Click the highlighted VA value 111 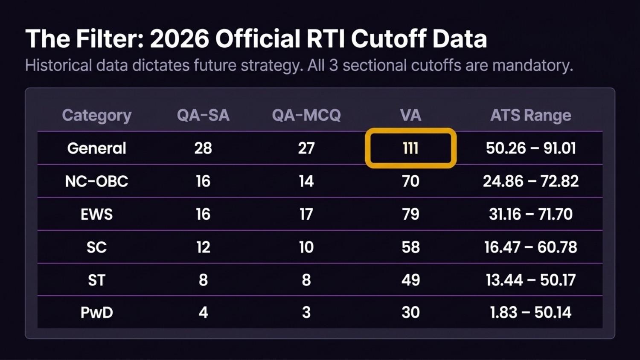[x=410, y=148]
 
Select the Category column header [x=96, y=116]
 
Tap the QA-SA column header [x=203, y=115]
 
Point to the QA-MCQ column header [x=306, y=115]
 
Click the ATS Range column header [x=531, y=116]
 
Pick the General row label [x=96, y=148]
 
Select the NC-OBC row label [x=96, y=181]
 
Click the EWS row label [x=96, y=214]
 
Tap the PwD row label [x=96, y=312]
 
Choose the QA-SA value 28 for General [x=203, y=148]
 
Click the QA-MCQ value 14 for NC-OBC [x=306, y=181]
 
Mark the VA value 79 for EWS [x=410, y=214]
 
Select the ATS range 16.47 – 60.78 [x=531, y=247]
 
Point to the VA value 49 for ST [x=410, y=280]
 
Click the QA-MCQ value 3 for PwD [x=306, y=312]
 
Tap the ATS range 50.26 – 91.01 [x=531, y=148]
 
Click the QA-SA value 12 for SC [x=203, y=247]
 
